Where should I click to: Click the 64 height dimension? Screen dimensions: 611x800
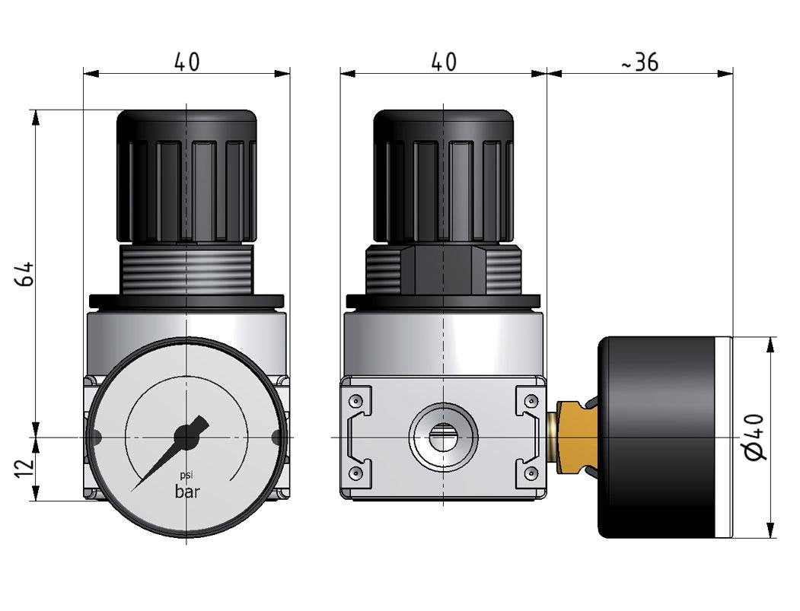[x=24, y=273]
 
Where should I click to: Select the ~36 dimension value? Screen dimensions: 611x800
[x=639, y=62]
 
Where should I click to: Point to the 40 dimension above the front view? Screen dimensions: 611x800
[x=186, y=62]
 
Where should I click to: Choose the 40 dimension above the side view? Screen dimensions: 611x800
[x=444, y=62]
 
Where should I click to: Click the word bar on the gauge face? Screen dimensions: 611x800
[x=187, y=492]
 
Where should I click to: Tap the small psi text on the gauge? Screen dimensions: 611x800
[x=186, y=476]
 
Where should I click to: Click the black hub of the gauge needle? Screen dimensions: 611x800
[x=186, y=436]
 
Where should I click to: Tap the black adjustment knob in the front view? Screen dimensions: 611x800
[x=186, y=175]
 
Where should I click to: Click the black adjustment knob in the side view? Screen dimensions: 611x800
[x=444, y=175]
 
